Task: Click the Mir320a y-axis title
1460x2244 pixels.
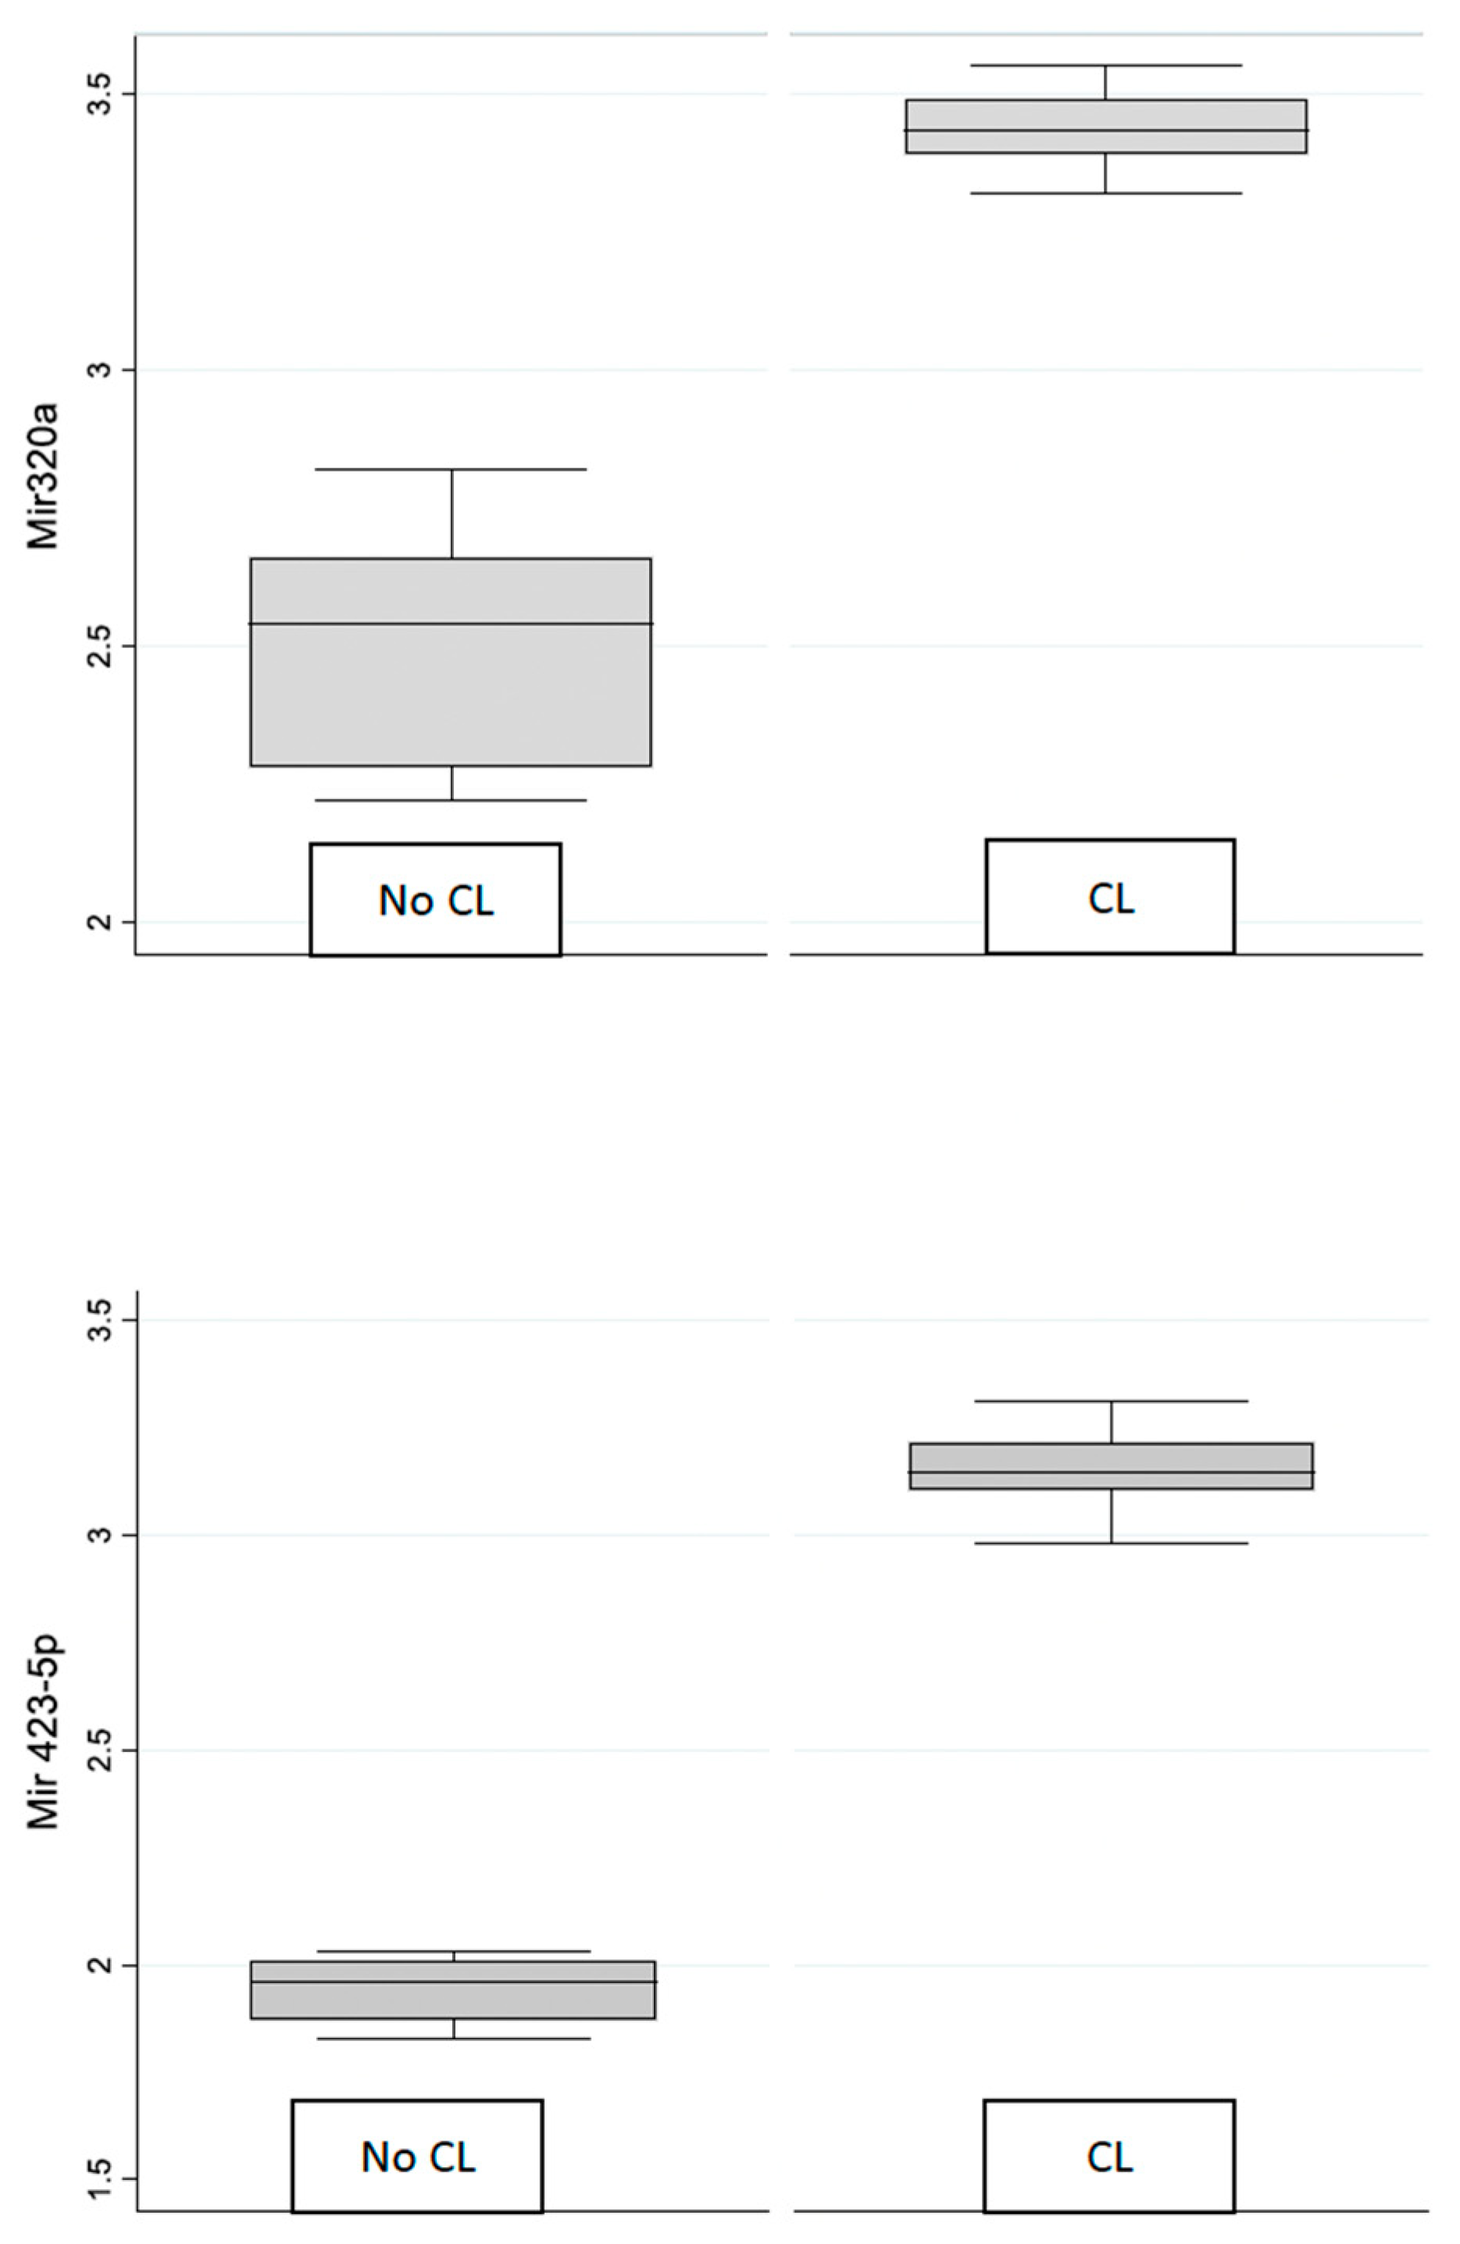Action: click(42, 476)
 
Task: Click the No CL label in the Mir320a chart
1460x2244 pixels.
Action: click(436, 900)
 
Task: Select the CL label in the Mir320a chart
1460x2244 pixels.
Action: click(1110, 898)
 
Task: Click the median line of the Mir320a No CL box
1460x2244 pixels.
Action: click(451, 623)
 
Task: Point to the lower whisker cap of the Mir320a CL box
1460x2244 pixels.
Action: click(1105, 194)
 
